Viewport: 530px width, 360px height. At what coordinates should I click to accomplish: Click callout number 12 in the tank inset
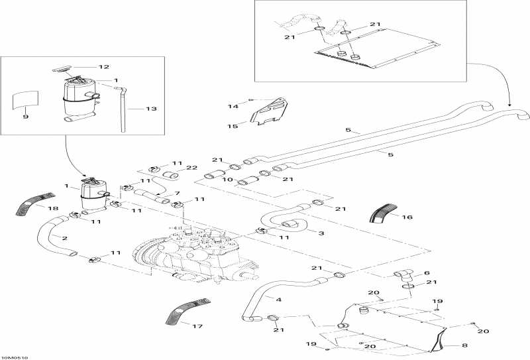(104, 67)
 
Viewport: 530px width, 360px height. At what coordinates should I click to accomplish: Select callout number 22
(191, 167)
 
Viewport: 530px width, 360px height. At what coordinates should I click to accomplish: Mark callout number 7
(177, 193)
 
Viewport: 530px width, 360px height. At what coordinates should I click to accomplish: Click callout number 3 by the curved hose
(321, 233)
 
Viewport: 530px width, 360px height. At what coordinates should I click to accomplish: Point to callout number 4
(278, 300)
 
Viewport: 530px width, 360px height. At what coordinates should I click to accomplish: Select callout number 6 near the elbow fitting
(426, 272)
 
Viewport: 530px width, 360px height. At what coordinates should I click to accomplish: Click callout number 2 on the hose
(64, 237)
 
